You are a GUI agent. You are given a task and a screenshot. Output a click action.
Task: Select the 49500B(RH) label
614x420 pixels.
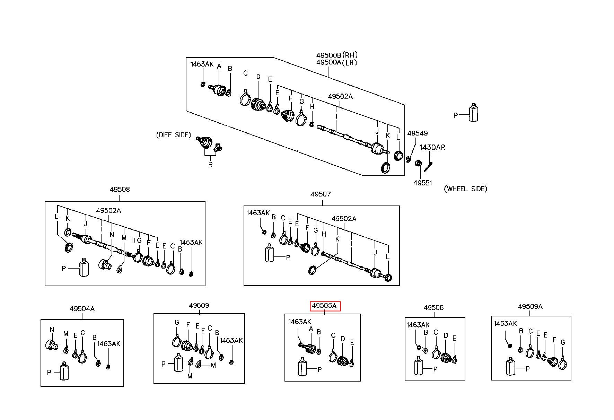[337, 55]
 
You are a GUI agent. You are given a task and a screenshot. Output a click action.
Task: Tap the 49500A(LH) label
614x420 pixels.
[336, 62]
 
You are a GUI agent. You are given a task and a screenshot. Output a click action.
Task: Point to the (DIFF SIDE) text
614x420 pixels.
[173, 135]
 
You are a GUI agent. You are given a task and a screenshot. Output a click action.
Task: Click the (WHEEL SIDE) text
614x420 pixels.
[465, 189]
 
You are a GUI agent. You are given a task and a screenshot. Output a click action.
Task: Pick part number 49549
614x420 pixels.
[417, 133]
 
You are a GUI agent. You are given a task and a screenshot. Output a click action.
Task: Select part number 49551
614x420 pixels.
[422, 183]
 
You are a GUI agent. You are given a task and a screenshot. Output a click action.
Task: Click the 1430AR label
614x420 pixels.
[432, 147]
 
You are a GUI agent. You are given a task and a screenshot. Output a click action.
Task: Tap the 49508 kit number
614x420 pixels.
[120, 190]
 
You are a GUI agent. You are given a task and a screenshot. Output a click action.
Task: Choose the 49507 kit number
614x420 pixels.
[321, 194]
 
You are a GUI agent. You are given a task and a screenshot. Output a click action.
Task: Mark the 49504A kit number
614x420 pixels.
[82, 308]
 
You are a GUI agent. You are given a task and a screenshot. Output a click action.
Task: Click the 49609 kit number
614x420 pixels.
[199, 306]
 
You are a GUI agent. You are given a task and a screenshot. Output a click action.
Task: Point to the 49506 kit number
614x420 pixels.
[433, 307]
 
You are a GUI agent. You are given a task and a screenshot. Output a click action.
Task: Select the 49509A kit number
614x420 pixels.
[530, 306]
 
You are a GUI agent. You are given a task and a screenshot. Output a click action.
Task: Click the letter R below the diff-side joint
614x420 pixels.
[210, 165]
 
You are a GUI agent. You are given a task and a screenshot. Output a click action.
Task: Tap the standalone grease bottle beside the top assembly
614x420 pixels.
[473, 112]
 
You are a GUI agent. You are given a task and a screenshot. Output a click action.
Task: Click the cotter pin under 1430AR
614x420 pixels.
[428, 166]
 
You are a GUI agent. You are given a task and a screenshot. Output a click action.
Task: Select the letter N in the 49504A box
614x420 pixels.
[52, 330]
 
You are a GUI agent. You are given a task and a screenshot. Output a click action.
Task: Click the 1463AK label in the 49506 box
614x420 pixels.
[418, 325]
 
